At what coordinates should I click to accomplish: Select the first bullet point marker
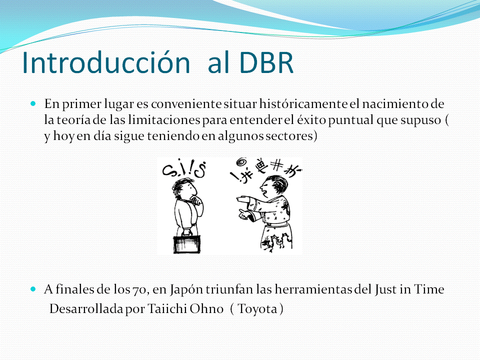[x=34, y=104]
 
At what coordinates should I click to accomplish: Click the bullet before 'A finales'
[x=34, y=289]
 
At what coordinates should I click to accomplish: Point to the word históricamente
[x=298, y=104]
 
